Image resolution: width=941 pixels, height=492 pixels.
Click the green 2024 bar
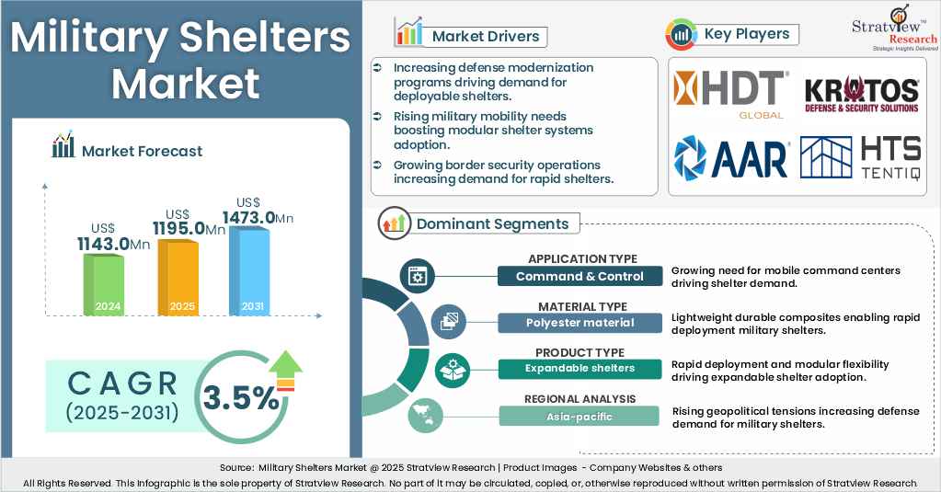103,285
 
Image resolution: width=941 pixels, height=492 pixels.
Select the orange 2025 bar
178,278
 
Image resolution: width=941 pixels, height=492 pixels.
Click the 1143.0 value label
113,244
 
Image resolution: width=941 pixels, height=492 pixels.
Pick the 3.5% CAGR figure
241,398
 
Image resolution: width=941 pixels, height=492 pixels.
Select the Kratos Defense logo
861,95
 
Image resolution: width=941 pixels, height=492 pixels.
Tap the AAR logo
731,157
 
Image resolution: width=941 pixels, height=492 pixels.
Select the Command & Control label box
580,276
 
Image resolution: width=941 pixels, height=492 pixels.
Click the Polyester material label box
580,323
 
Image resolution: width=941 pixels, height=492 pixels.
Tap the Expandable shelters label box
580,369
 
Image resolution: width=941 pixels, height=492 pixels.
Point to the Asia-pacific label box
580,417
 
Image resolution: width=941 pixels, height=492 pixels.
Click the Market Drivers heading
484,37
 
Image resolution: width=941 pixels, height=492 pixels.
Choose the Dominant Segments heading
492,223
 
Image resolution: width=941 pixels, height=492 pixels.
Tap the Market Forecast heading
142,151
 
